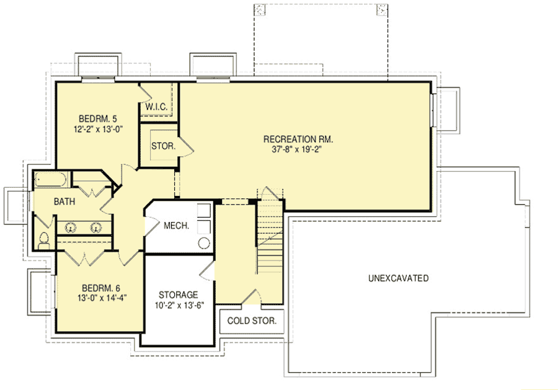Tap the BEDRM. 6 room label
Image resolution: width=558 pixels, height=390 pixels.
click(102, 288)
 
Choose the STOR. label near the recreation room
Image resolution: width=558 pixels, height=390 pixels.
click(163, 147)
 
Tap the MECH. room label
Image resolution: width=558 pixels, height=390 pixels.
click(176, 226)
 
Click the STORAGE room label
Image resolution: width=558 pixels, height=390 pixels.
click(178, 295)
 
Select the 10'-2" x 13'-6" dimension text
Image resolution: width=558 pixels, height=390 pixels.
click(178, 306)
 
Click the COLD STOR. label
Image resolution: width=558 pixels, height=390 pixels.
click(251, 321)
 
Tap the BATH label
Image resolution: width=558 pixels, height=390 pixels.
click(65, 202)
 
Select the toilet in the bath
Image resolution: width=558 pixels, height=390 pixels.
click(44, 240)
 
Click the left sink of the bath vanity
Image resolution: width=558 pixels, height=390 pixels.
click(69, 227)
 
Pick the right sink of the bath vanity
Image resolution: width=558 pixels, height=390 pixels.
click(97, 227)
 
